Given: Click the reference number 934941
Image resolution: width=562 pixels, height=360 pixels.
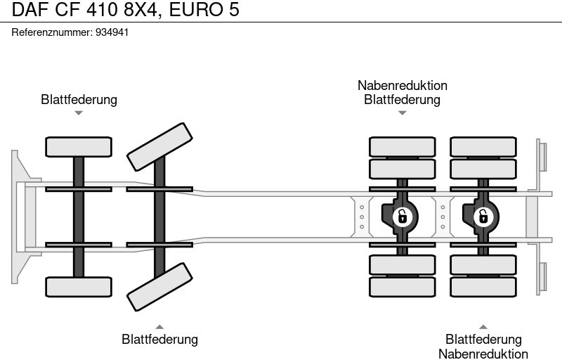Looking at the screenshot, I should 112,32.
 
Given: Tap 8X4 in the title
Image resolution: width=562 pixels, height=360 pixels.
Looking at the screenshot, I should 141,10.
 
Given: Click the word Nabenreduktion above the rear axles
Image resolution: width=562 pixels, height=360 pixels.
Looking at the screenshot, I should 402,85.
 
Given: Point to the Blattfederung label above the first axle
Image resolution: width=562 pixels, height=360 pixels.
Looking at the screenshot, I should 79,99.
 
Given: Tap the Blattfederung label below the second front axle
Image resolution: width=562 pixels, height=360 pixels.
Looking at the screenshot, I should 159,340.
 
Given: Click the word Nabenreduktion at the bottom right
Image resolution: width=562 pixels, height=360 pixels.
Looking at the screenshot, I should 483,354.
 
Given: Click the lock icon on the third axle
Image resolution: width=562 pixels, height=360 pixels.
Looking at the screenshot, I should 402,216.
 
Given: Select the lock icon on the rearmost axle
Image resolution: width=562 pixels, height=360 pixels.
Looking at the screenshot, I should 483,216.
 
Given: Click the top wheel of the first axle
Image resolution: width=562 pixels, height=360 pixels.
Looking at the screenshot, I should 79,146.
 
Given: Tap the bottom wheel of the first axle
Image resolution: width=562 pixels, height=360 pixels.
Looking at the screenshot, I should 79,287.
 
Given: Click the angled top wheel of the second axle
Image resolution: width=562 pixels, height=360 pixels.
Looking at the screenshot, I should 159,146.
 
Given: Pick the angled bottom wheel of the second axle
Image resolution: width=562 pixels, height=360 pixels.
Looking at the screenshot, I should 159,287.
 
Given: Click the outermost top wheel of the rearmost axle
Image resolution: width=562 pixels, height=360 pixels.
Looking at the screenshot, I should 483,146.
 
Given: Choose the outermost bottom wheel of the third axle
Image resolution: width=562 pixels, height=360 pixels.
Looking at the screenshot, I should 402,287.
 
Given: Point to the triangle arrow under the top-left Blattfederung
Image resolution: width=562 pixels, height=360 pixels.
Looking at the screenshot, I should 79,112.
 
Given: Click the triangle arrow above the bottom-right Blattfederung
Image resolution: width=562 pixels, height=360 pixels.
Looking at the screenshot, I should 483,326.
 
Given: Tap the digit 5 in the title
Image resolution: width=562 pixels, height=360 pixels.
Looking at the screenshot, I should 233,10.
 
